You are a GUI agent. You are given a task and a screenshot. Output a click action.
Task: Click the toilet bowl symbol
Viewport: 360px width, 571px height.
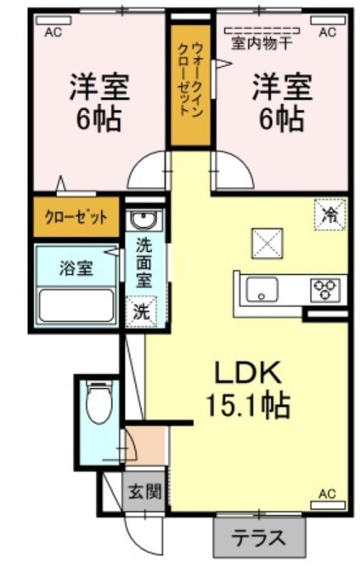pyautogui.click(x=99, y=402)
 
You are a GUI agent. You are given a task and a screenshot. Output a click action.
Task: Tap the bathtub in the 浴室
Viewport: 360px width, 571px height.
pyautogui.click(x=76, y=305)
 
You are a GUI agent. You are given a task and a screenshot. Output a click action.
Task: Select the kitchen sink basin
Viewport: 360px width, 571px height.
pyautogui.click(x=261, y=290)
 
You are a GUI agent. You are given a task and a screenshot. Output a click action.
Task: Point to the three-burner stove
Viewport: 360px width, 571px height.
pyautogui.click(x=326, y=290)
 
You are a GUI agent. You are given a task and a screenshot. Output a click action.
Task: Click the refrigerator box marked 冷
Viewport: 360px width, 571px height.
pyautogui.click(x=330, y=215)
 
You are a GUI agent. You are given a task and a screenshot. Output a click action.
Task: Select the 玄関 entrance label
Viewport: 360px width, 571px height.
pyautogui.click(x=145, y=492)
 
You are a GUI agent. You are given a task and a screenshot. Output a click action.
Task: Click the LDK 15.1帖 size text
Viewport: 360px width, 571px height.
pyautogui.click(x=247, y=388)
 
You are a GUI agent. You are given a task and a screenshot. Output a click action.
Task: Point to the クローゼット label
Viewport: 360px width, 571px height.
pyautogui.click(x=76, y=218)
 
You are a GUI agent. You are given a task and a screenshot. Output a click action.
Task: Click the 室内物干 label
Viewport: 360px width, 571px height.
pyautogui.click(x=261, y=44)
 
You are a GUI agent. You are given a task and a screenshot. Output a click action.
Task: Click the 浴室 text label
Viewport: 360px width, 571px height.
pyautogui.click(x=76, y=269)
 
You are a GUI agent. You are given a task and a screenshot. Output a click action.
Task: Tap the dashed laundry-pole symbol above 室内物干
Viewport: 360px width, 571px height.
pyautogui.click(x=261, y=30)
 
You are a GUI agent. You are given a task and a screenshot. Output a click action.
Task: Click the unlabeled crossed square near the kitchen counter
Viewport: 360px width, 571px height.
pyautogui.click(x=267, y=243)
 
